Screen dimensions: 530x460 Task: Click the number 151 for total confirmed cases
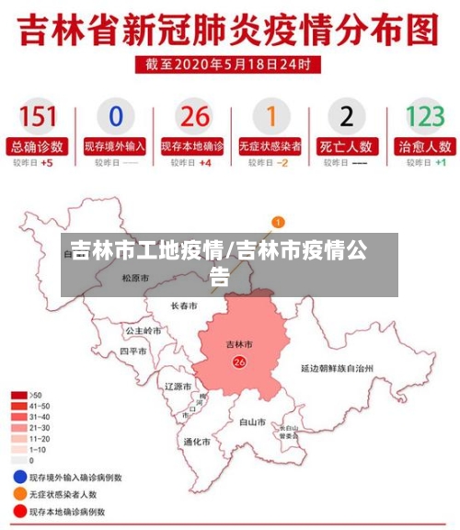point(38,116)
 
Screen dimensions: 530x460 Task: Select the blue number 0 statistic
point(116,116)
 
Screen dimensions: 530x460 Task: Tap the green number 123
point(425,116)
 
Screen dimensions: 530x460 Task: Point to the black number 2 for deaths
point(346,116)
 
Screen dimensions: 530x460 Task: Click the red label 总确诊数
point(38,146)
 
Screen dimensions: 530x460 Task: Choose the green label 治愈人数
point(425,146)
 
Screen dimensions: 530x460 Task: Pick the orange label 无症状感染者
point(270,146)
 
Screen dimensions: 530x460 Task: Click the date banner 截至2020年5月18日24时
point(229,64)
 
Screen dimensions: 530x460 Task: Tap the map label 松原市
point(135,277)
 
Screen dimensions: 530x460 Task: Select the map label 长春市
point(184,305)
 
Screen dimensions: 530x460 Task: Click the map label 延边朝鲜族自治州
point(337,367)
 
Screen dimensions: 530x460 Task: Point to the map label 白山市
point(253,422)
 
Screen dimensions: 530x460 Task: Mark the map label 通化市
point(197,442)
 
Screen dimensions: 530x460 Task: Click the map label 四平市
point(133,351)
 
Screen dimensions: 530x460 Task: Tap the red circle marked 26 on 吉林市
point(240,363)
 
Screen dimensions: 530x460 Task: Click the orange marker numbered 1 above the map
point(278,222)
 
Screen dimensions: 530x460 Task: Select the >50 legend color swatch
point(18,394)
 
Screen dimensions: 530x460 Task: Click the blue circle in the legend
point(18,478)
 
